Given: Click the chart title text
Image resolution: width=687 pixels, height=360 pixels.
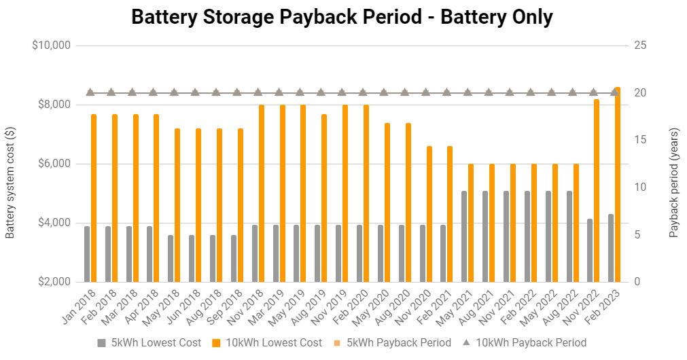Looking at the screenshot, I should click(x=342, y=17).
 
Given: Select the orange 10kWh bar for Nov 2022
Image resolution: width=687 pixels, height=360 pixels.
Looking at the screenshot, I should click(x=597, y=190).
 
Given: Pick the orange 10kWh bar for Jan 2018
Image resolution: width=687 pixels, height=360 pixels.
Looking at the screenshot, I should click(x=94, y=198).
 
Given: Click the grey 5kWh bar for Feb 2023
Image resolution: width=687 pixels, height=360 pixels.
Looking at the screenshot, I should click(x=611, y=248).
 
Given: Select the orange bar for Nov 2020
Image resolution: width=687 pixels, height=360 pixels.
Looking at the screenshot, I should click(x=429, y=214).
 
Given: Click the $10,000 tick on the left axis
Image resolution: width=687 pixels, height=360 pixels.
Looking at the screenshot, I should click(x=52, y=46).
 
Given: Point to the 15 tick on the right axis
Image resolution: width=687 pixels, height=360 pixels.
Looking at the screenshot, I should click(x=639, y=140).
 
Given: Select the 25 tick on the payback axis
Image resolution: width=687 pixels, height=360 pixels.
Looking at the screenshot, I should click(x=639, y=46).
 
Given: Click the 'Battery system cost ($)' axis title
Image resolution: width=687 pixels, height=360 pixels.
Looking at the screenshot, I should click(x=10, y=183).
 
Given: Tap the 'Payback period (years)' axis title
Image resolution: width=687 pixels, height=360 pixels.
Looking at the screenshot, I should click(x=674, y=183).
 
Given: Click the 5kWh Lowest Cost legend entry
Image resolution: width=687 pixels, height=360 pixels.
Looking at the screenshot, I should click(x=149, y=342).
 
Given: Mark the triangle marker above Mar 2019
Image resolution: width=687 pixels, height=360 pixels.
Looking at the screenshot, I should click(x=279, y=92).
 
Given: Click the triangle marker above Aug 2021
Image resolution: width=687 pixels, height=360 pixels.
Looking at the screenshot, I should click(x=489, y=92).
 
